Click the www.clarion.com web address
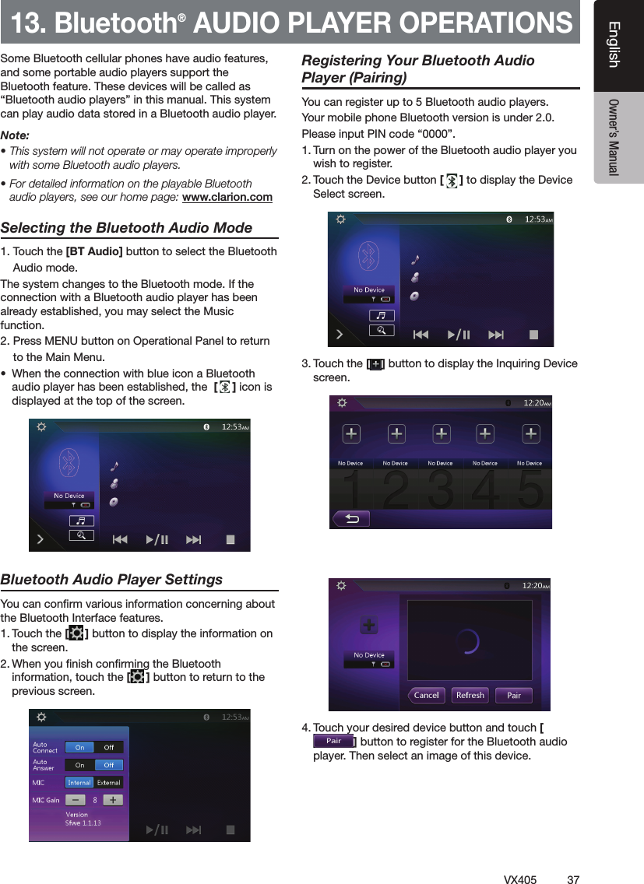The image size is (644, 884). (x=227, y=197)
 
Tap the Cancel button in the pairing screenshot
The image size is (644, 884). (x=426, y=695)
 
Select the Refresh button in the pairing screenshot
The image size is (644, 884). (x=470, y=695)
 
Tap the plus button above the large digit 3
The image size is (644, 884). (x=441, y=433)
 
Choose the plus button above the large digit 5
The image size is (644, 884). (x=530, y=433)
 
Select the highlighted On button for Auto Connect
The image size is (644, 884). (x=79, y=747)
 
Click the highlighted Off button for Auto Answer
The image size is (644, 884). (x=109, y=765)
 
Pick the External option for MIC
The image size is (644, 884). (x=108, y=782)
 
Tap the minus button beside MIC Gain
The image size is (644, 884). (x=76, y=799)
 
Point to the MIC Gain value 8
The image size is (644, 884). (x=95, y=799)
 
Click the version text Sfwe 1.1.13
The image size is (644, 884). (x=83, y=823)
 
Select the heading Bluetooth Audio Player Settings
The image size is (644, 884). (x=111, y=580)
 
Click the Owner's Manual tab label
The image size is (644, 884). (x=614, y=137)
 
